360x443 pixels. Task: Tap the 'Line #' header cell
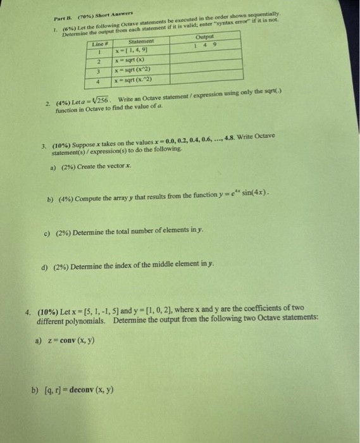(99, 44)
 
